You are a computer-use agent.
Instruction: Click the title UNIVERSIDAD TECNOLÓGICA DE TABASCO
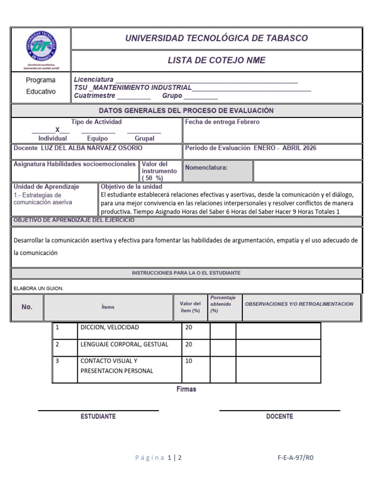(x=217, y=38)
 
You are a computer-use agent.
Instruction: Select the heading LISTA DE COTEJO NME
(x=217, y=61)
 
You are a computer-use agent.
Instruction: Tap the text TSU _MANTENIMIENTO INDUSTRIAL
(x=133, y=87)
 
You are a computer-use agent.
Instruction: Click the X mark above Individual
(x=57, y=130)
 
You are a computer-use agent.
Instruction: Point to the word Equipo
(x=97, y=138)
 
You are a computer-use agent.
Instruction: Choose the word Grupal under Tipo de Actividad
(x=144, y=138)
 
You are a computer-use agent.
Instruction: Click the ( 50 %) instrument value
(x=153, y=178)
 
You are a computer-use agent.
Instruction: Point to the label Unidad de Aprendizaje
(x=47, y=186)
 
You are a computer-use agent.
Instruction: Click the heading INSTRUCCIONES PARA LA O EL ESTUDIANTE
(x=186, y=273)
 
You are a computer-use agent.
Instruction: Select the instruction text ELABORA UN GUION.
(x=38, y=288)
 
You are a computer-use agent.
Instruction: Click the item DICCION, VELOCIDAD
(x=109, y=328)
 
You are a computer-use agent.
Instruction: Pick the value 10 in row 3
(x=189, y=361)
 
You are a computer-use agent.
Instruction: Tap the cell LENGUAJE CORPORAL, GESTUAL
(x=124, y=344)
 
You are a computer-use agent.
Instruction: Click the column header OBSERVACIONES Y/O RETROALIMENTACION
(x=299, y=304)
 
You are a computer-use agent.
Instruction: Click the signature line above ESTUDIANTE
(x=99, y=411)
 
